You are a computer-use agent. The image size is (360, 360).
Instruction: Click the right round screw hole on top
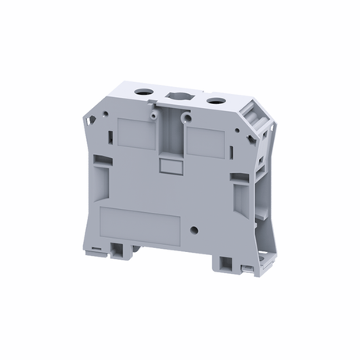pos(212,100)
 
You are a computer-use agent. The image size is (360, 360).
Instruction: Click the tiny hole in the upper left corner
pos(99,116)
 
